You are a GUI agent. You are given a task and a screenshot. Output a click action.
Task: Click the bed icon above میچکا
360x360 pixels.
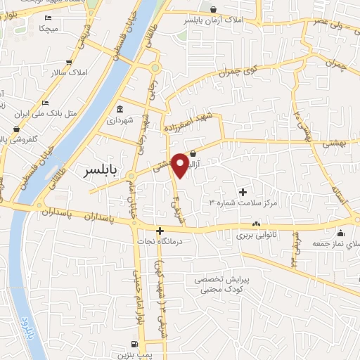coord(48,18)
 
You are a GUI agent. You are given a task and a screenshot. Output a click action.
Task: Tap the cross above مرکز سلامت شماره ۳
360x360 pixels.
coord(243,191)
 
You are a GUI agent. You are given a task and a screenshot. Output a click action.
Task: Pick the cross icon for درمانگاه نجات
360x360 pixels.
coord(160,231)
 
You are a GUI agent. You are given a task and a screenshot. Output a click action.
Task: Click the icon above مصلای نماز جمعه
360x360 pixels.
coord(341,233)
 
